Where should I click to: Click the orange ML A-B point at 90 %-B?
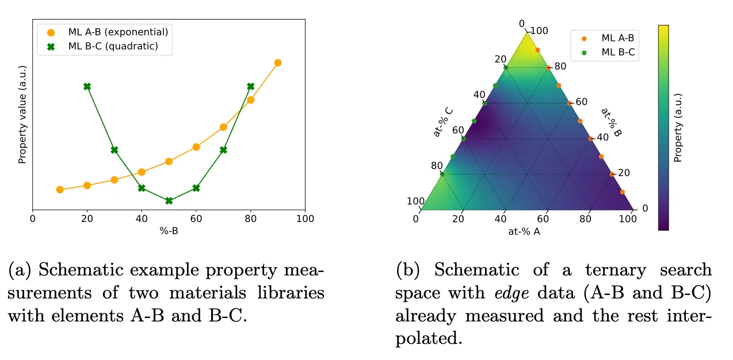click(278, 63)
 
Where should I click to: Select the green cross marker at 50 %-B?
click(169, 201)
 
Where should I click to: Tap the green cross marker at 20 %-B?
click(87, 86)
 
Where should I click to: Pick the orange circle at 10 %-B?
click(60, 189)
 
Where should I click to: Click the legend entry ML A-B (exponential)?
click(118, 32)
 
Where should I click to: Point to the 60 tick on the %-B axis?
click(196, 219)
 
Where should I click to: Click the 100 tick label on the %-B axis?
click(306, 219)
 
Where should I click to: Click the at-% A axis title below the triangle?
click(524, 232)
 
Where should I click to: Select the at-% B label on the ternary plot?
click(612, 122)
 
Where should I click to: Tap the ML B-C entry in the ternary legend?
click(617, 52)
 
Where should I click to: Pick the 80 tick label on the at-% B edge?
click(560, 66)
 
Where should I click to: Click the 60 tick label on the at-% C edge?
click(457, 130)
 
